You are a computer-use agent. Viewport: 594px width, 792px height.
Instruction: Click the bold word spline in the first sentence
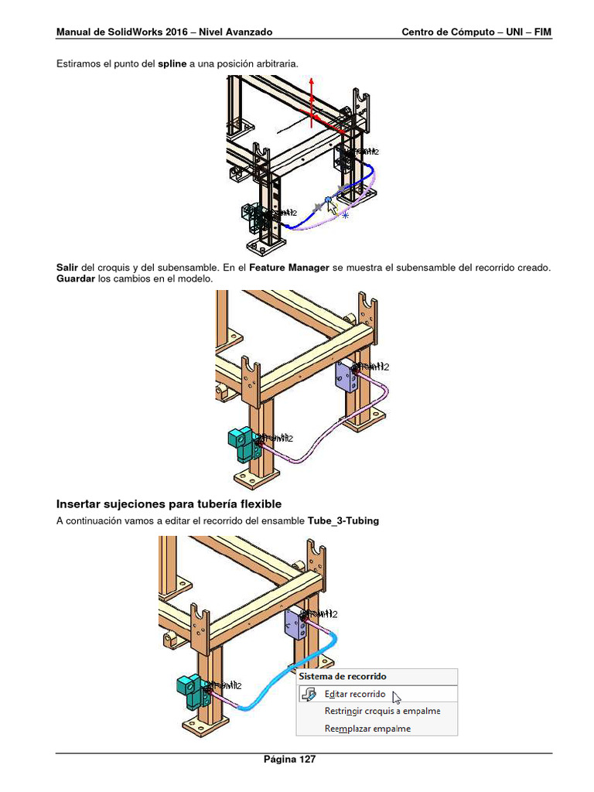point(172,63)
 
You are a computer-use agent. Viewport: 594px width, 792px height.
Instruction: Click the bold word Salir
point(67,267)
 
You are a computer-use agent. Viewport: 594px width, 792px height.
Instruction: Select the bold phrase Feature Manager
point(288,267)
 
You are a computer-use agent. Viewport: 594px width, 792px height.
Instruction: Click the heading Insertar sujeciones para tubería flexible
point(169,504)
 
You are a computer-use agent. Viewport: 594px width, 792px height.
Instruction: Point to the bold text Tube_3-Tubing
point(343,521)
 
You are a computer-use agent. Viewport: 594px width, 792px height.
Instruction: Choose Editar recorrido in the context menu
point(354,695)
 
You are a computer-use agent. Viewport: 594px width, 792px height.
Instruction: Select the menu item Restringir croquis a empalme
point(382,711)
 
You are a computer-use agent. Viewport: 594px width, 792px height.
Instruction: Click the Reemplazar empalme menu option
point(367,728)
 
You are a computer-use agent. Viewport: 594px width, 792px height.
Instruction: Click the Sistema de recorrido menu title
point(343,677)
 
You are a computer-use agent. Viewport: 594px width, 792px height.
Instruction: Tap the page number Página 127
point(289,760)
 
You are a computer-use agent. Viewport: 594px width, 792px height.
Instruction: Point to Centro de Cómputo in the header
point(445,32)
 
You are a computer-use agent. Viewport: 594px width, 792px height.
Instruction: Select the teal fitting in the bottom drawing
point(189,688)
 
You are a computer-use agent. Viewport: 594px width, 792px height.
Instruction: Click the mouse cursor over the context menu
point(397,698)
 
